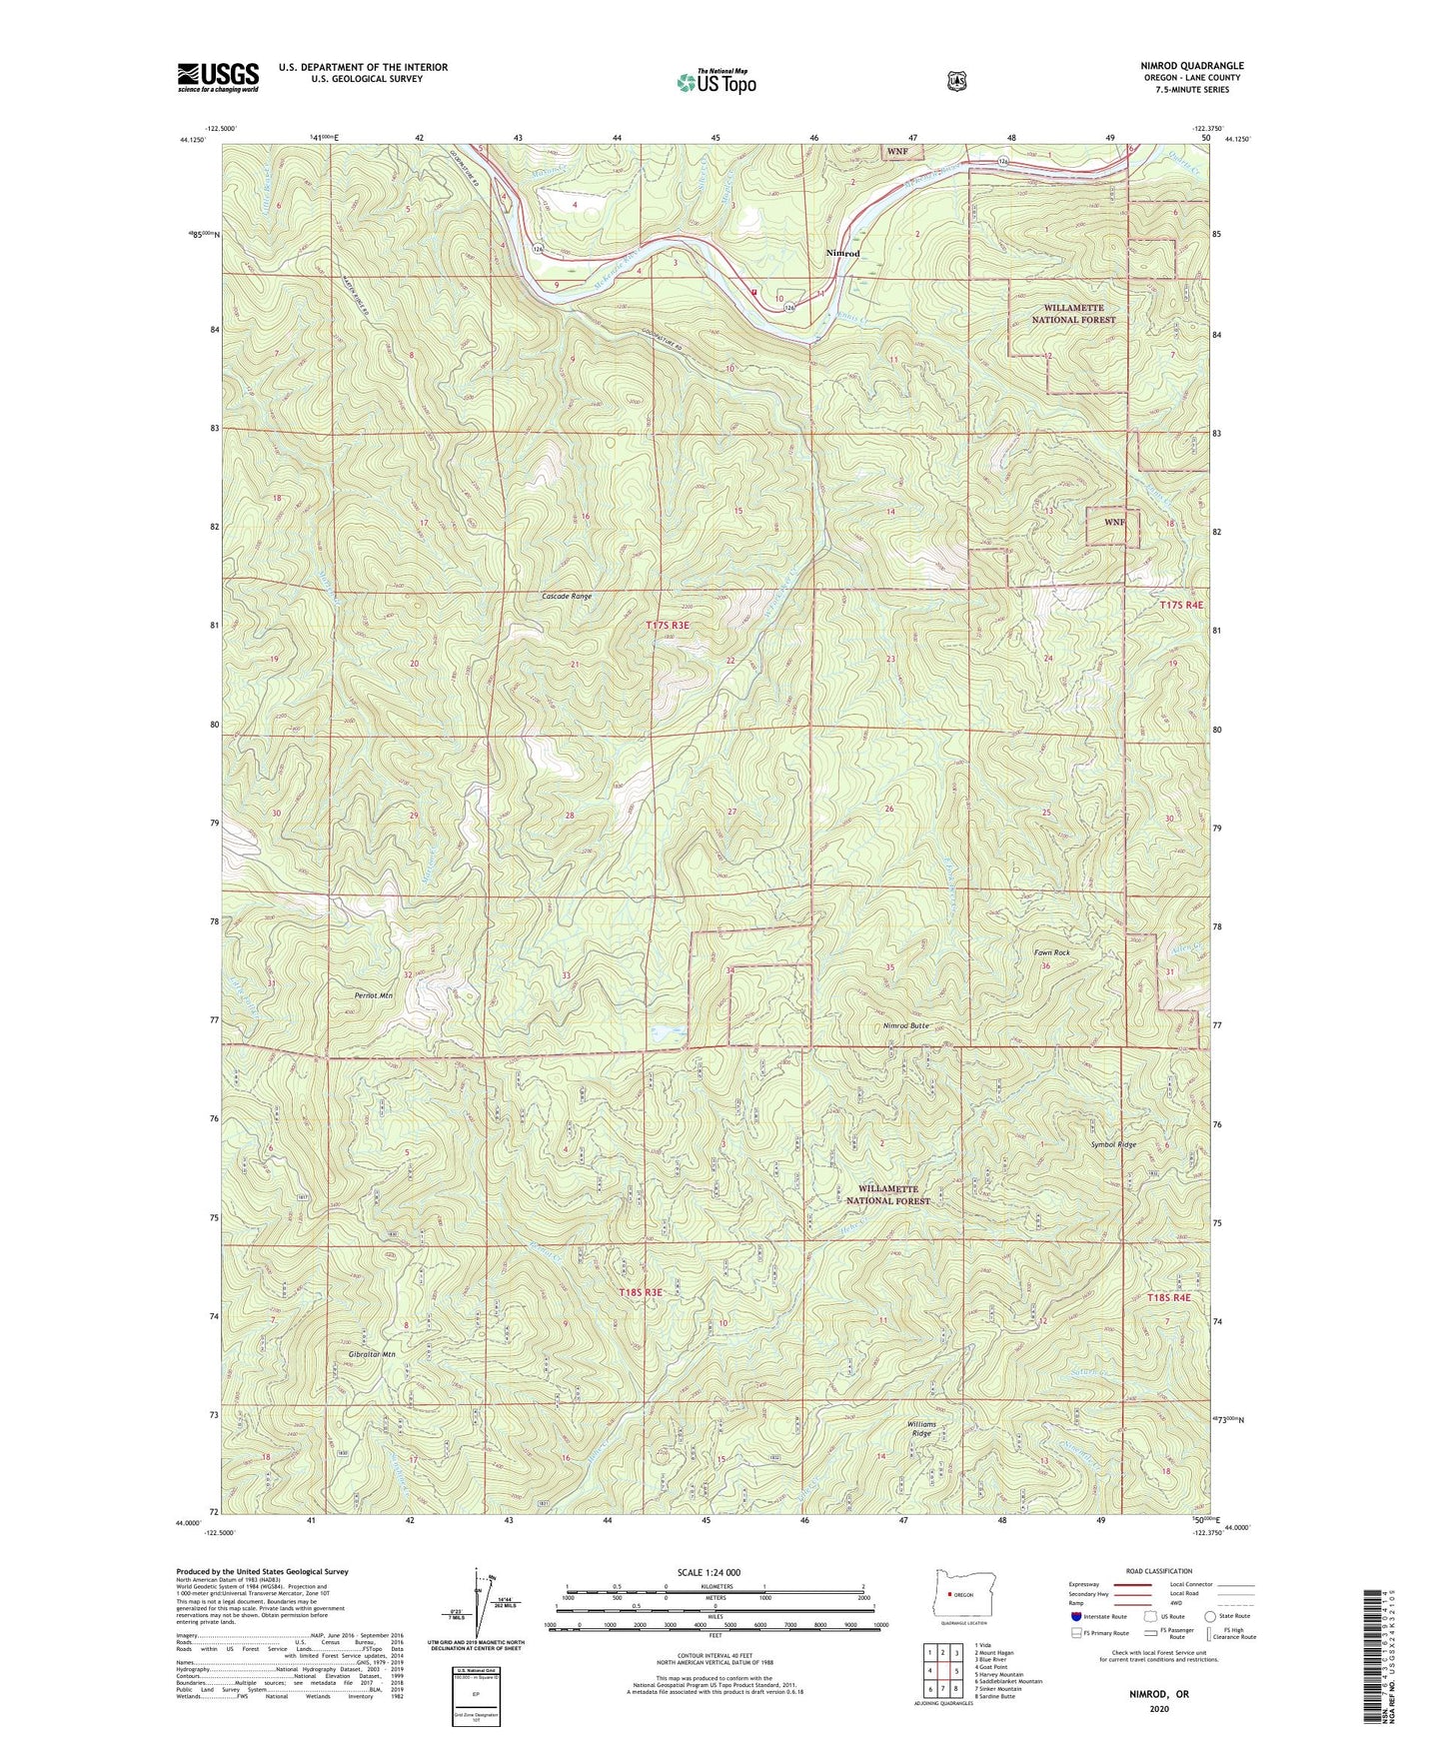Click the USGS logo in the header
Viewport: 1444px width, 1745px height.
[x=218, y=77]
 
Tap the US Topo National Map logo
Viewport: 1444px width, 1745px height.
[x=715, y=82]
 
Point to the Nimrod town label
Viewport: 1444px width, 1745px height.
[x=842, y=254]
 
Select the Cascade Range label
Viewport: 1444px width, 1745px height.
[x=567, y=596]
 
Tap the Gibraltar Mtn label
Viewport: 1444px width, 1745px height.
[x=373, y=1354]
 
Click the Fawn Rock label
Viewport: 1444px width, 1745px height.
[x=1051, y=952]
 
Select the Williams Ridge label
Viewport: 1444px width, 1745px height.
[x=921, y=1428]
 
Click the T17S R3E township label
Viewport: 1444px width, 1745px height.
[x=668, y=625]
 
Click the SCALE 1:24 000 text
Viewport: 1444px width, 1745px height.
[x=709, y=1572]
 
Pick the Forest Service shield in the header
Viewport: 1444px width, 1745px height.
[x=956, y=81]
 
